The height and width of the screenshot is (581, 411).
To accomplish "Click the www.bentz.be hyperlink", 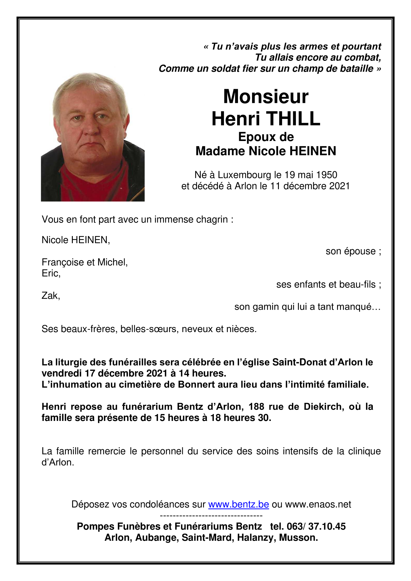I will point(238,504).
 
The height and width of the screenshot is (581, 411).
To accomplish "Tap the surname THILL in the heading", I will point(293,119).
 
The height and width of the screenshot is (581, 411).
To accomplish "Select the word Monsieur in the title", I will point(266,97).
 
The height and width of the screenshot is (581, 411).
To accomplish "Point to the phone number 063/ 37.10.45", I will point(316,526).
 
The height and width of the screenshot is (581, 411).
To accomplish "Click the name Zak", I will point(50,296).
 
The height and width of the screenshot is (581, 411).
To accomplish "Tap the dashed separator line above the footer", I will point(211,515).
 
